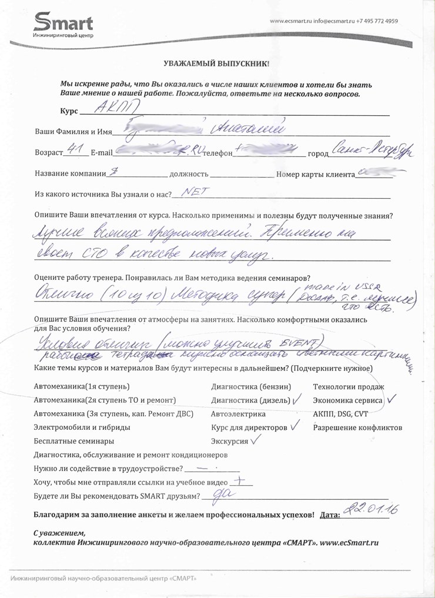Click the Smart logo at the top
pos(63,24)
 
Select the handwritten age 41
pos(75,151)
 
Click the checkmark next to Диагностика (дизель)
pos(296,399)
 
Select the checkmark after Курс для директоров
pos(295,426)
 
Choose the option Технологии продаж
pos(348,387)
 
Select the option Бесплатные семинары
pos(74,441)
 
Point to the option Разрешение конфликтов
pos(357,427)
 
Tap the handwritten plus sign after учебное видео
pos(241,480)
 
